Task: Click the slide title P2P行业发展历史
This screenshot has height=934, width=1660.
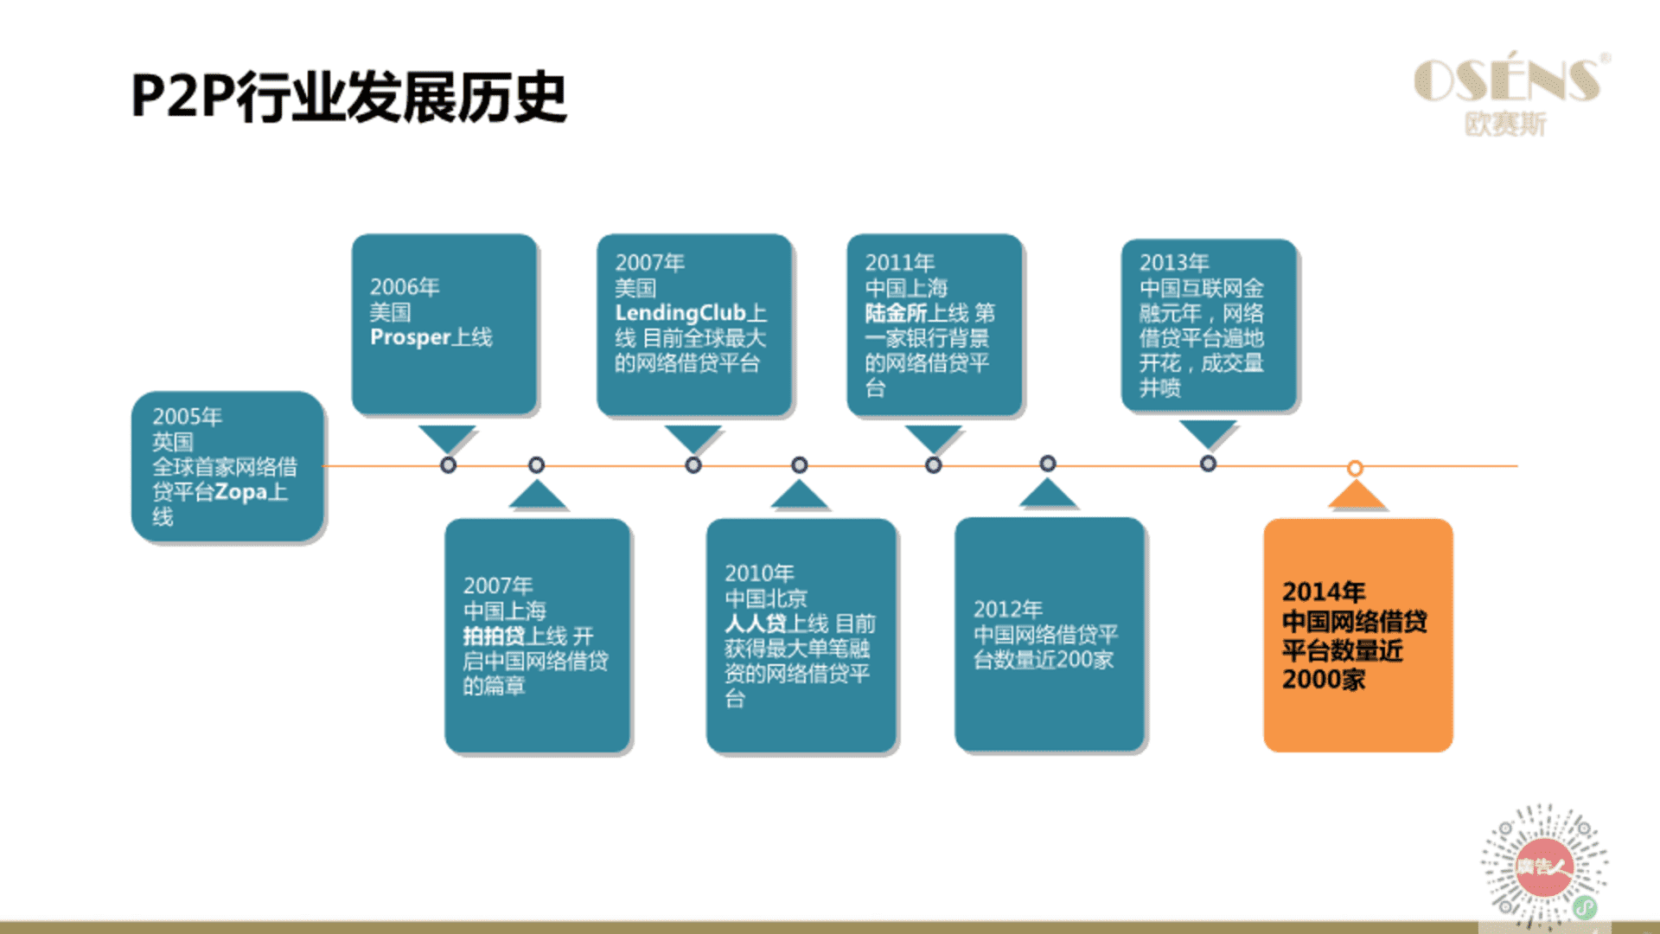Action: tap(348, 97)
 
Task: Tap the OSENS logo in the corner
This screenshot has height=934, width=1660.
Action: tap(1511, 94)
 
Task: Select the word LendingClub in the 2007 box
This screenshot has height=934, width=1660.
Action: tap(680, 312)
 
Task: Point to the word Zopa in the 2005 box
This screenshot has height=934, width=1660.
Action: tap(240, 492)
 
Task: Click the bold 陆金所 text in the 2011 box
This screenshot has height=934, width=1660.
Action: tap(896, 312)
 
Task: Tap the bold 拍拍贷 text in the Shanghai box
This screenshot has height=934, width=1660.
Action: tap(494, 636)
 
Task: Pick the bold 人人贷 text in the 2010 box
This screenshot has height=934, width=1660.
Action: tap(756, 624)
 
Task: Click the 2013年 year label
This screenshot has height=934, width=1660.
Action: tap(1173, 262)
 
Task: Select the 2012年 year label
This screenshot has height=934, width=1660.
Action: tap(1007, 610)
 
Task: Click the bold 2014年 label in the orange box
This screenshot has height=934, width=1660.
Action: tap(1323, 592)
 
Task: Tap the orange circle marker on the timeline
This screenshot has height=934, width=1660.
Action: tap(1355, 469)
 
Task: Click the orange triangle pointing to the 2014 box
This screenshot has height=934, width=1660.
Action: tap(1357, 496)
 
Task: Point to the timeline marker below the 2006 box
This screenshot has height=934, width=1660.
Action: tap(448, 465)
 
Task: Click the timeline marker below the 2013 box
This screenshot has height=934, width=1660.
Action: tap(1208, 464)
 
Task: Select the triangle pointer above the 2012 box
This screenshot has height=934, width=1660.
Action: tap(1047, 494)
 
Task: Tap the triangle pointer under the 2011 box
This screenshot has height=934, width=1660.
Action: tap(933, 438)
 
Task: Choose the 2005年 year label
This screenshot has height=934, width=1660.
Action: tap(187, 417)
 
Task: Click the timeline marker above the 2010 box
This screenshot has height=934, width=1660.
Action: tap(800, 465)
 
